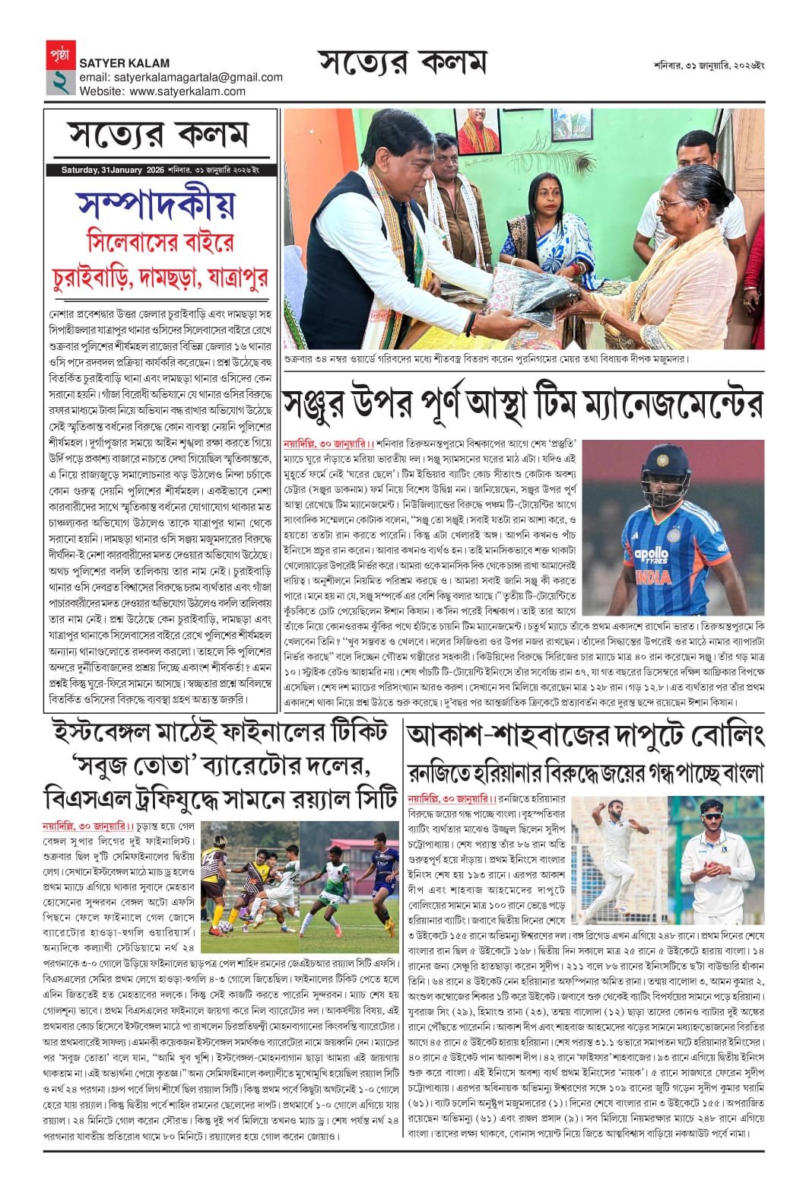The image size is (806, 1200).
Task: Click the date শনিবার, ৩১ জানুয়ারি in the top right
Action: tap(709, 65)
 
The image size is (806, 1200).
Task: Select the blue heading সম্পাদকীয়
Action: tap(156, 203)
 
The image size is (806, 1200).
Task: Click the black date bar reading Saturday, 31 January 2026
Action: tap(160, 170)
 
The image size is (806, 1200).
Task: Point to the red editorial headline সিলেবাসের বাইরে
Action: tap(160, 242)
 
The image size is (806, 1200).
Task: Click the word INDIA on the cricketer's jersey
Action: tap(653, 576)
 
